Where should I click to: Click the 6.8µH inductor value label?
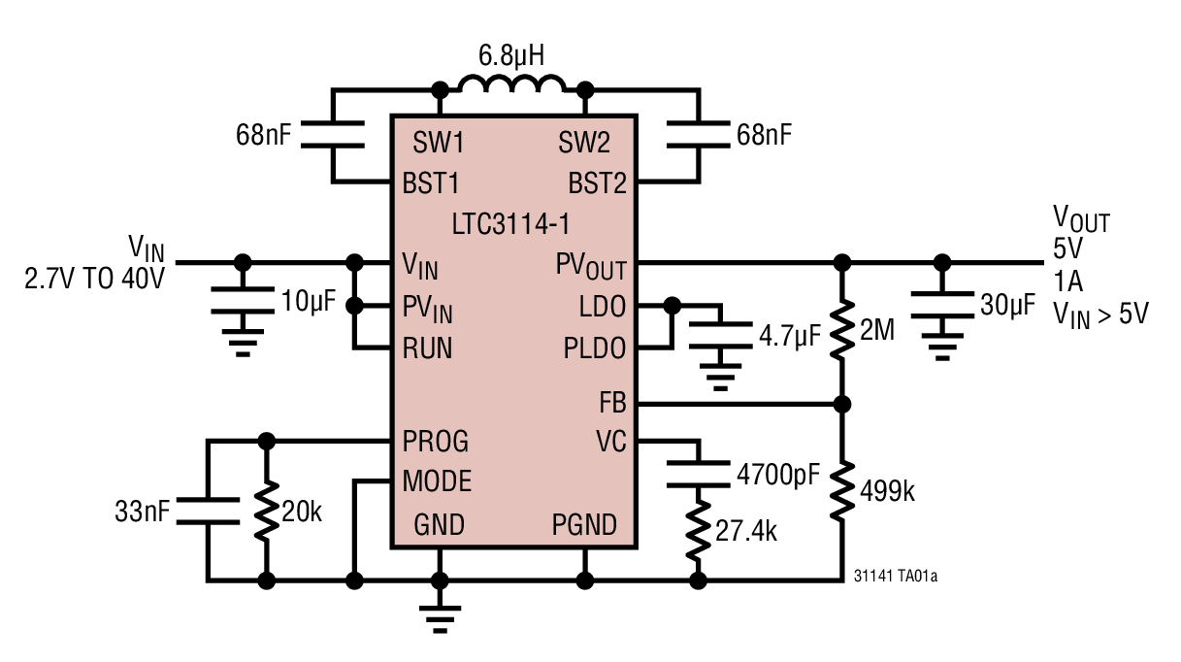511,55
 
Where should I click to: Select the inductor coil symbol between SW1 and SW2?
511,88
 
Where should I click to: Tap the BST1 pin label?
432,182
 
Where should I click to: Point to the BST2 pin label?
597,182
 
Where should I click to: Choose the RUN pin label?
428,348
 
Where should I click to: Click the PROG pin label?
436,442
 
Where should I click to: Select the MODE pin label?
438,480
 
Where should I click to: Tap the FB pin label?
613,403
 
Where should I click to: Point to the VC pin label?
611,442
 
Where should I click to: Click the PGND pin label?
584,525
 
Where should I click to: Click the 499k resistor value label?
887,491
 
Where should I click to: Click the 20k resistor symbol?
265,511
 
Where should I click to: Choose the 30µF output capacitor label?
1006,306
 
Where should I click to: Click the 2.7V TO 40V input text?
95,281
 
